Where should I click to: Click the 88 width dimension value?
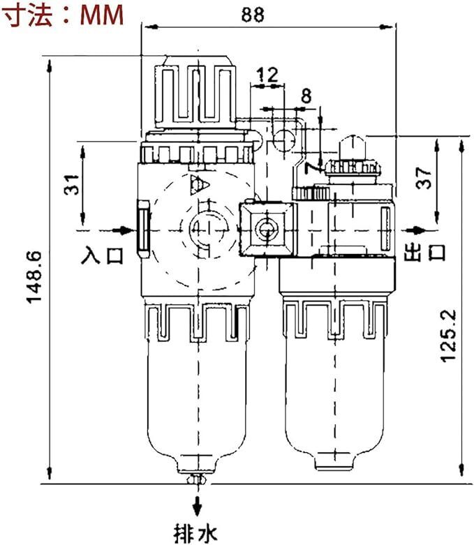(x=253, y=15)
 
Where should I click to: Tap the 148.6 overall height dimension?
(x=35, y=277)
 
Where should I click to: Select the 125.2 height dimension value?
(x=449, y=336)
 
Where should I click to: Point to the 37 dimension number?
(x=424, y=178)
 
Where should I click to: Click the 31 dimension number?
(x=73, y=184)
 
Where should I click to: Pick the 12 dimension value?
(x=267, y=75)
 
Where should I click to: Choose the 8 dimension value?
(x=306, y=96)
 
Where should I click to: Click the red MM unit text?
(x=102, y=15)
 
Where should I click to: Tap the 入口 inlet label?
(x=103, y=255)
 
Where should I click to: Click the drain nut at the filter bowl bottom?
(x=197, y=480)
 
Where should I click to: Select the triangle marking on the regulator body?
(x=199, y=184)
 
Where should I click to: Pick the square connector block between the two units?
(x=267, y=230)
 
